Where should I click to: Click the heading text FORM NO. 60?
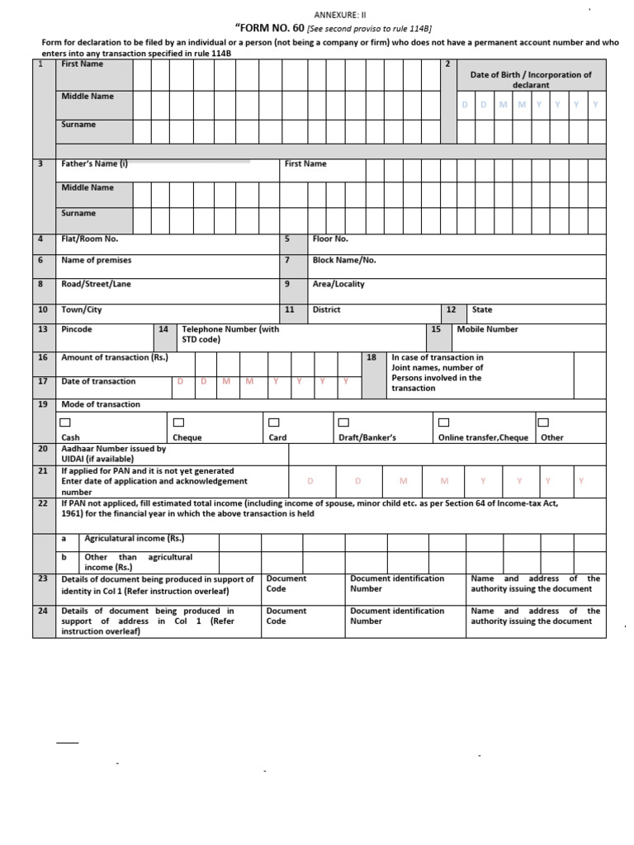[270, 28]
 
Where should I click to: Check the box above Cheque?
[178, 422]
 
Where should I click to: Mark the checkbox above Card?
[274, 422]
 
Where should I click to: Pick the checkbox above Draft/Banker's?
[343, 422]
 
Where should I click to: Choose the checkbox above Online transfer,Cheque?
[443, 422]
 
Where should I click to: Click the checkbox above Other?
[543, 422]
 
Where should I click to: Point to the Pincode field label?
[77, 329]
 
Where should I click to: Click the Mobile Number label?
[487, 329]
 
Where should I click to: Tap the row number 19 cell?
[42, 404]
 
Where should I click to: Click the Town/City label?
[82, 309]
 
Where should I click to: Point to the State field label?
[481, 309]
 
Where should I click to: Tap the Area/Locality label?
[338, 284]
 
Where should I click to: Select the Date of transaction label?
[98, 381]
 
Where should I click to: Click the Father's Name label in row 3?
[94, 163]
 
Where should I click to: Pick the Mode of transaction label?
[101, 404]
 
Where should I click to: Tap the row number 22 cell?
[42, 503]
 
